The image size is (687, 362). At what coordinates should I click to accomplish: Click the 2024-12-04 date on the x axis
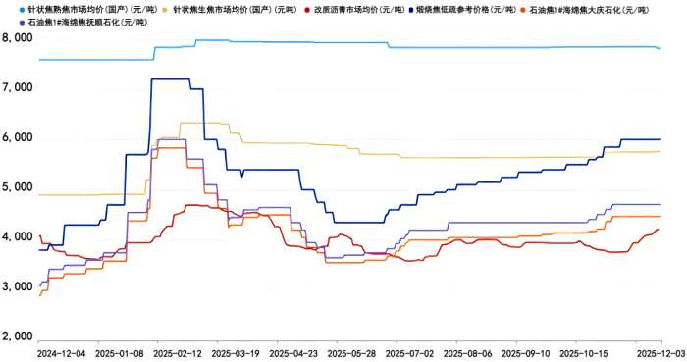tap(61, 350)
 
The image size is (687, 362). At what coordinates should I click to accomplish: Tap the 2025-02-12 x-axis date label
tap(179, 350)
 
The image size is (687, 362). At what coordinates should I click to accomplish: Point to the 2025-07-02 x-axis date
tap(409, 350)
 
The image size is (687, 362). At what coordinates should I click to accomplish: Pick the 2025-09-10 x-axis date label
tap(525, 350)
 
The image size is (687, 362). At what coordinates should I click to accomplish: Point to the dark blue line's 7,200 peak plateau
tap(170, 79)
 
